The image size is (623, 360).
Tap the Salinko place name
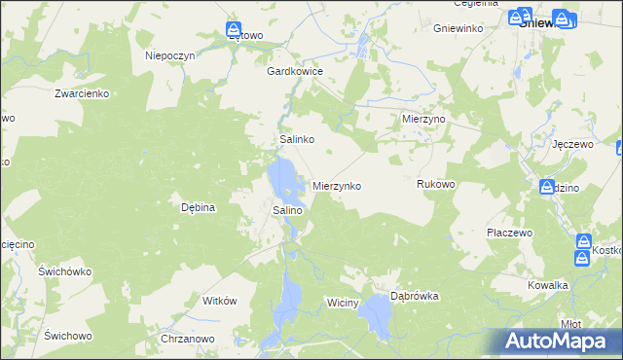click(296, 140)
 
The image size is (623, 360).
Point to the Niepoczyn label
click(171, 55)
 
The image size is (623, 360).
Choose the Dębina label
click(198, 207)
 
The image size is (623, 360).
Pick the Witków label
click(219, 302)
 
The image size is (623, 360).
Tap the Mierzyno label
click(423, 118)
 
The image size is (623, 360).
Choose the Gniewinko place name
click(459, 28)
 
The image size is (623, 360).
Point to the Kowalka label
click(548, 285)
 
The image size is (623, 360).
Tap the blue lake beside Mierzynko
click(283, 179)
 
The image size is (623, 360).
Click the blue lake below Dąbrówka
click(376, 317)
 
